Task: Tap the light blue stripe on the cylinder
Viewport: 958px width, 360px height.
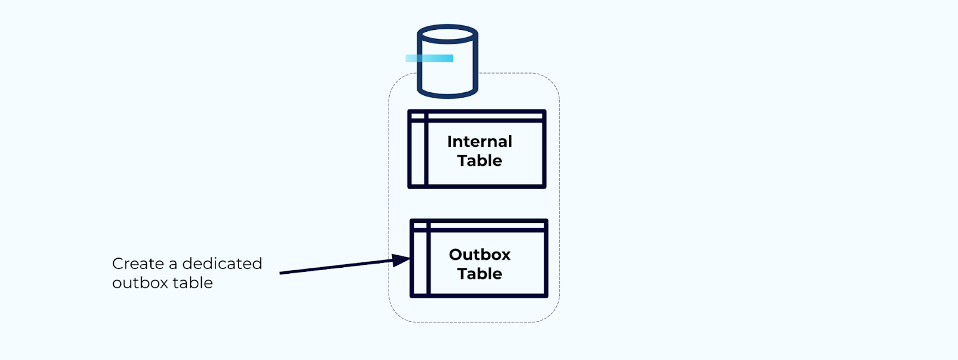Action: click(429, 58)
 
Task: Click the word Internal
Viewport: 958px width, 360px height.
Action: click(480, 141)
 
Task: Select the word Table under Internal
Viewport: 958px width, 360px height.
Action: click(480, 161)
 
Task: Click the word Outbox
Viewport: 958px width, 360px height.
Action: click(480, 255)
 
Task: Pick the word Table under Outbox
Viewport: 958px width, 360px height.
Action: click(480, 274)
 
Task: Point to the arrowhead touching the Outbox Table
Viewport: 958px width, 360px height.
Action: click(402, 259)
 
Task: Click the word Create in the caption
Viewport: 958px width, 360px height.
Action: click(138, 264)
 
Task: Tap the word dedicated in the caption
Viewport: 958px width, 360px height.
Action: click(222, 264)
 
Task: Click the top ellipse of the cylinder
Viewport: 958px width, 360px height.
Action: click(447, 34)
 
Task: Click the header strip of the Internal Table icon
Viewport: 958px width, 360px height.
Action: click(485, 116)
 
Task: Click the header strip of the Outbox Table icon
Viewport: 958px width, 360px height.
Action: click(487, 226)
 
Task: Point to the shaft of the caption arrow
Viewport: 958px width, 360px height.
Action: click(335, 267)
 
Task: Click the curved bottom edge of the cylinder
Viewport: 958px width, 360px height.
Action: click(447, 94)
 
